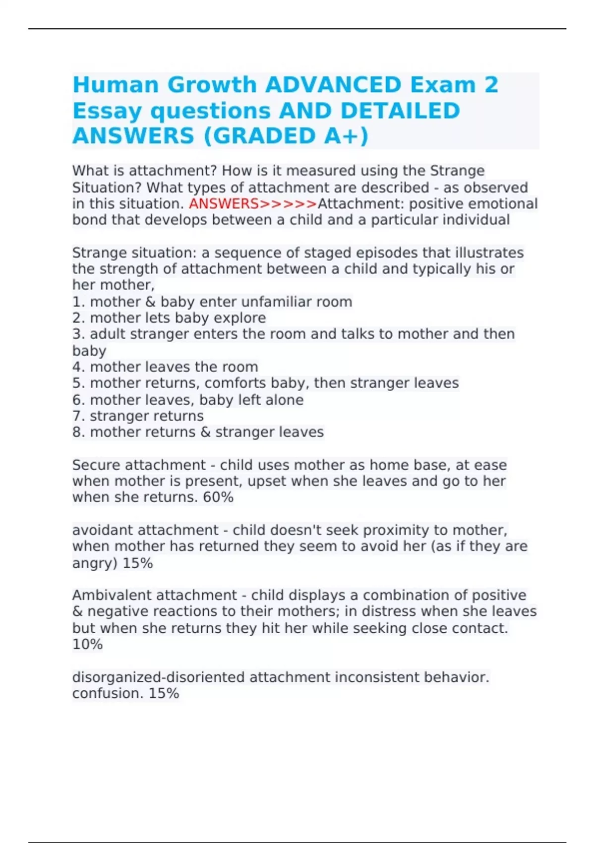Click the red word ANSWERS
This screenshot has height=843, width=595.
coord(224,204)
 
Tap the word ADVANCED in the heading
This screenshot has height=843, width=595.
coord(333,85)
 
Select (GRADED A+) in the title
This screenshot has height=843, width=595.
coord(286,136)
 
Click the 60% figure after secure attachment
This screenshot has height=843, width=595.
coord(218,497)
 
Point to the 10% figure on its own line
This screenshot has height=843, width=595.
coord(87,644)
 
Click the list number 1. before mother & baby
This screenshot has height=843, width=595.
coord(78,301)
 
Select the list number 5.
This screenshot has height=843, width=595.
coord(78,383)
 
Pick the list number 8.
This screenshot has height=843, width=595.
coord(78,432)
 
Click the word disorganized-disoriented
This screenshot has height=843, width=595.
coord(158,677)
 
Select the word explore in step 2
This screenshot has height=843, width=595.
coord(244,318)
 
